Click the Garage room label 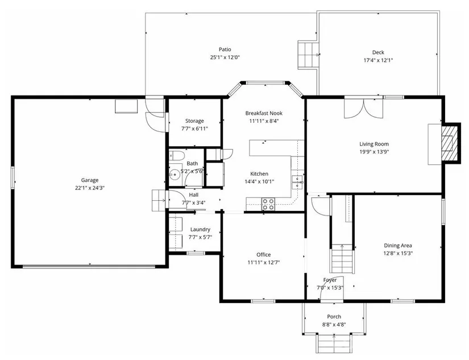click(90, 180)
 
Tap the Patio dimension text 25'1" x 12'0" click(225, 57)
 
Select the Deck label click(378, 52)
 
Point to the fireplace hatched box click(450, 144)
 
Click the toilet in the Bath click(175, 156)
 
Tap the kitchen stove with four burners click(268, 204)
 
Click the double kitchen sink click(298, 182)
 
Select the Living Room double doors click(363, 107)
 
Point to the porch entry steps click(334, 344)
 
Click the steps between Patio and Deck click(308, 55)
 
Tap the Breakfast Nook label click(264, 113)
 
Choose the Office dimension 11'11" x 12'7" click(264, 262)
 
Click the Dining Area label click(398, 245)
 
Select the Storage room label click(194, 121)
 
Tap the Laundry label click(200, 230)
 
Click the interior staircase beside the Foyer click(342, 258)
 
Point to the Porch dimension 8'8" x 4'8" click(334, 324)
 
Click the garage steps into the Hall click(159, 201)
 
